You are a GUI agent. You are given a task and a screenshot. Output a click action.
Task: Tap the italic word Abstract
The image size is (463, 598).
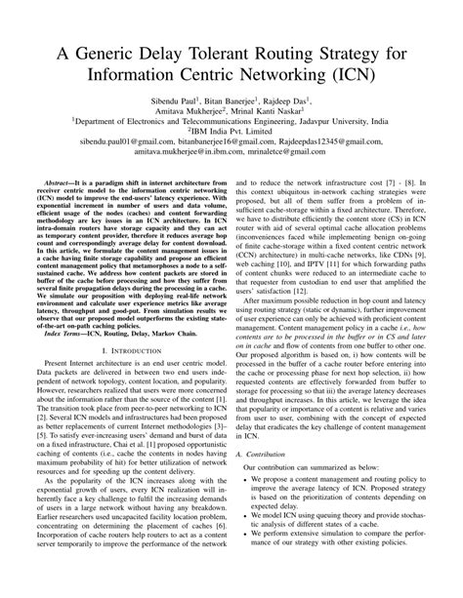click(61, 197)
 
